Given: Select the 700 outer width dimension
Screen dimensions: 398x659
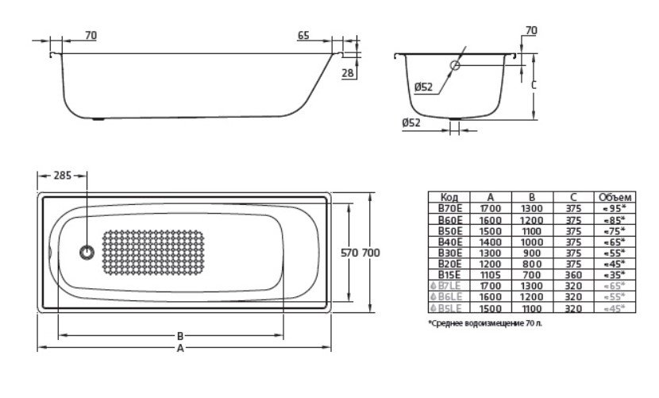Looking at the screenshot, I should click(x=371, y=253).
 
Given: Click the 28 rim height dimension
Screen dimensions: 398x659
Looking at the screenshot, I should click(x=346, y=73).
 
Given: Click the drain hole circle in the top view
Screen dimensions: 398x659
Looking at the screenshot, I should click(x=86, y=253).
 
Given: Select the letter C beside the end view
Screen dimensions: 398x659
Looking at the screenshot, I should click(x=534, y=84).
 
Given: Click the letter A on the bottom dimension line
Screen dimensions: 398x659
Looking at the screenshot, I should click(x=181, y=348).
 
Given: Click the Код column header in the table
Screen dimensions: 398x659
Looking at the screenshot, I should click(x=449, y=197).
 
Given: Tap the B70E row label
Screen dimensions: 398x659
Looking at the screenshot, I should click(x=449, y=208).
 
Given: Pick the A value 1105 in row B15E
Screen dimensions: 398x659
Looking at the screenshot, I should click(x=490, y=274).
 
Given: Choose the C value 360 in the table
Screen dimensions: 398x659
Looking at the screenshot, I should click(x=572, y=274).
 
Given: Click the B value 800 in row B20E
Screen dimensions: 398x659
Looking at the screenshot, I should click(x=531, y=263).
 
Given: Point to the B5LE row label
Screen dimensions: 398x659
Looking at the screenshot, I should click(x=449, y=307).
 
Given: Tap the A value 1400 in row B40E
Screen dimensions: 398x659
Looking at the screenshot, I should click(x=490, y=241).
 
